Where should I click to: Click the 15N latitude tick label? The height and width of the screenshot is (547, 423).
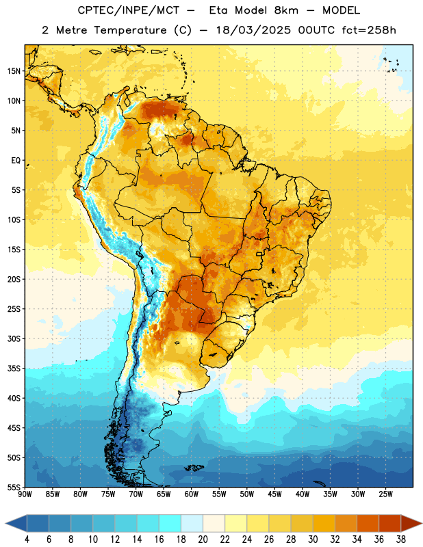click(x=14, y=71)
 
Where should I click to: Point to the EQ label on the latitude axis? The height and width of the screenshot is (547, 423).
click(x=16, y=161)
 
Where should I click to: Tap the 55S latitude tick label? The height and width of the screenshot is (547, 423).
click(x=14, y=487)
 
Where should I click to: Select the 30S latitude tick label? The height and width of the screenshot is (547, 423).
click(x=14, y=338)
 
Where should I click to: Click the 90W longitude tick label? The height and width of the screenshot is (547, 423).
click(x=25, y=494)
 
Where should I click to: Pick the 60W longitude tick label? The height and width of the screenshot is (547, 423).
click(x=192, y=494)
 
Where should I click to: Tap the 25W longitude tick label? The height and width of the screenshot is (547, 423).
click(x=385, y=494)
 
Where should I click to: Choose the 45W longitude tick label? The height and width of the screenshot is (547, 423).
click(x=274, y=494)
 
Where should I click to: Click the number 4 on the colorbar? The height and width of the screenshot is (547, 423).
click(x=27, y=539)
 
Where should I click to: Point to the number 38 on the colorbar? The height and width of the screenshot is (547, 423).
click(x=400, y=539)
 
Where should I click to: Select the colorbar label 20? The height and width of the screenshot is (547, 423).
click(x=203, y=539)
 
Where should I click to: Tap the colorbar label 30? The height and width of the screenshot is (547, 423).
click(x=313, y=539)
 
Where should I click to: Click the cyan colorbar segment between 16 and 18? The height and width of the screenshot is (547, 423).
click(x=170, y=524)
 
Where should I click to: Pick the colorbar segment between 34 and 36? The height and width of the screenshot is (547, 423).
click(x=368, y=524)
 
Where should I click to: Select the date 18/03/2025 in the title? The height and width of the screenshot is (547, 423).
click(x=253, y=30)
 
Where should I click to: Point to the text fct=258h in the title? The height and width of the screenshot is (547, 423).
click(x=369, y=30)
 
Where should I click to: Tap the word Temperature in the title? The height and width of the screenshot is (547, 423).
click(x=130, y=30)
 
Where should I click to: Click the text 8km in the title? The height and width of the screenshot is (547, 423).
click(x=286, y=10)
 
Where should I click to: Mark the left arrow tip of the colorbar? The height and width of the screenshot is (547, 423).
click(x=5, y=524)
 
